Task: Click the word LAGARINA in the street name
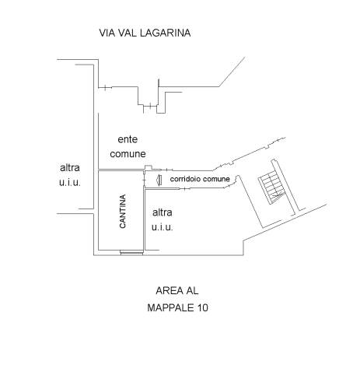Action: tap(166, 33)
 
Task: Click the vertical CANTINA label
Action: tap(123, 212)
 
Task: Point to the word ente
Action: tap(128, 139)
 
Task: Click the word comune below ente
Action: tap(128, 154)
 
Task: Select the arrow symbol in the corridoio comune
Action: tap(159, 180)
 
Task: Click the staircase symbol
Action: tap(272, 188)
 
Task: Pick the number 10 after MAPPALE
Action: tap(203, 308)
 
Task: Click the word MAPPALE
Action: tap(171, 308)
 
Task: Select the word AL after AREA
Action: tap(192, 291)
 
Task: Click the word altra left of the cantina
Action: tap(70, 168)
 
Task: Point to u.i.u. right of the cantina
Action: tap(163, 227)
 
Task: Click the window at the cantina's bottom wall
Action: tap(131, 252)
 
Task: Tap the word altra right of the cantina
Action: tap(163, 212)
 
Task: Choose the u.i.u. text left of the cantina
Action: tap(70, 182)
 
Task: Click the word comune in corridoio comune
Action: tap(216, 179)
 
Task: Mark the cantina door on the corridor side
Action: tap(144, 179)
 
